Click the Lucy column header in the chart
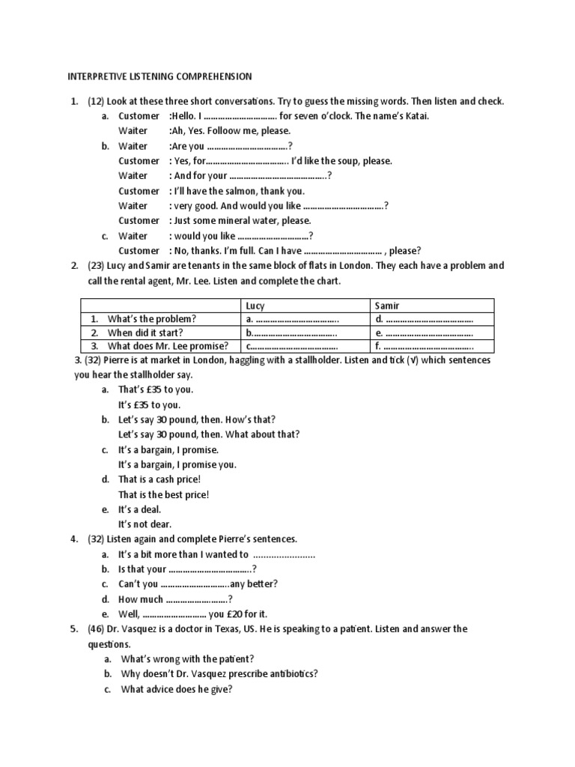pos(255,306)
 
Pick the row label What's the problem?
pos(152,319)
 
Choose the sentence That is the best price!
pos(163,494)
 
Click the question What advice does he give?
pos(177,689)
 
